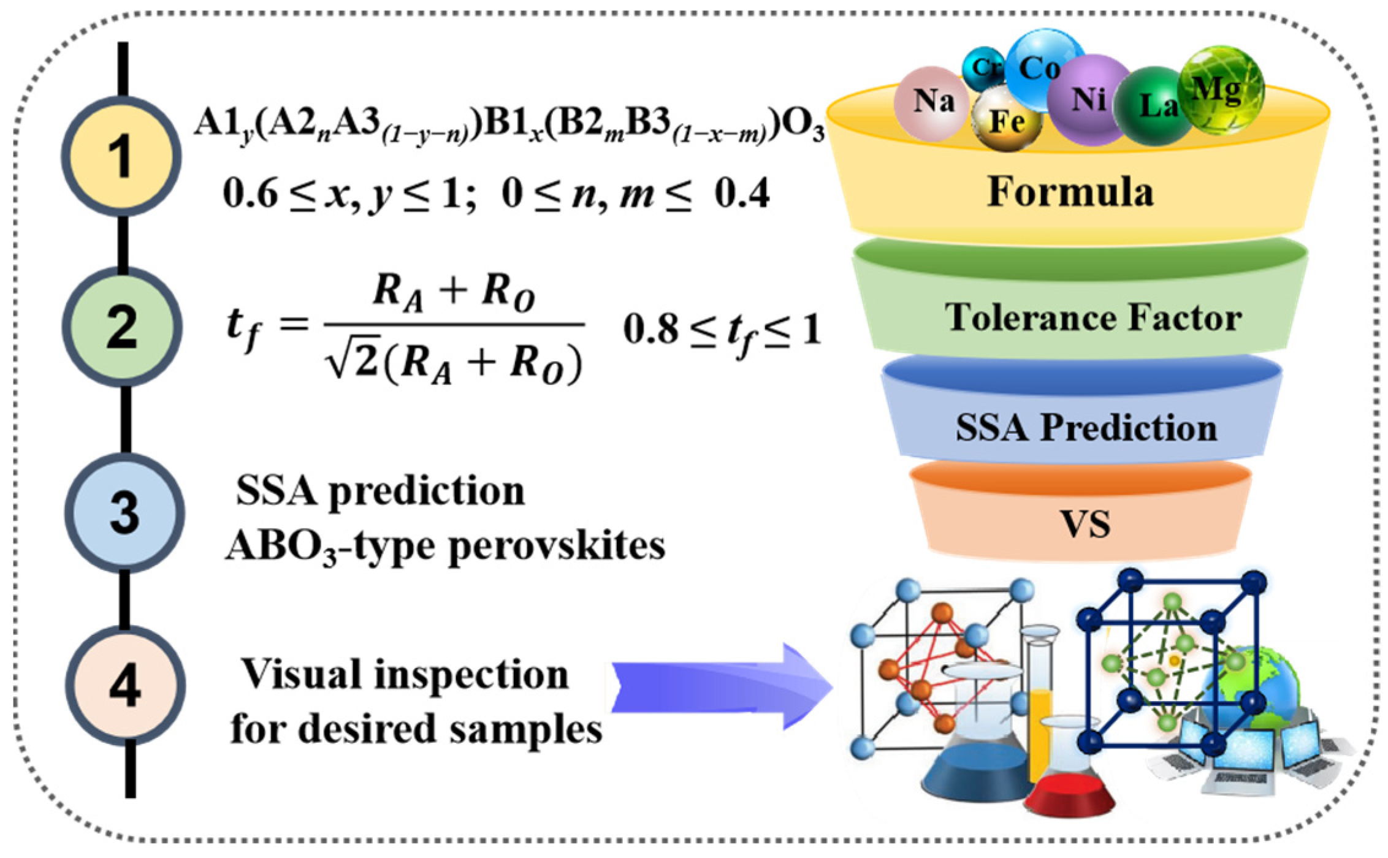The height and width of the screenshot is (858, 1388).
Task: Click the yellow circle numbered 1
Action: [121, 156]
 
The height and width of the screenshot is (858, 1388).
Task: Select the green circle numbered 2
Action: [123, 327]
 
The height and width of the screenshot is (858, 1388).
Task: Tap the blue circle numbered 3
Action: [124, 512]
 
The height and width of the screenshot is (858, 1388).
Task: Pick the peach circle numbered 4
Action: [125, 685]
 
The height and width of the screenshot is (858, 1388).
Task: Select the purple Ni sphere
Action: [1088, 98]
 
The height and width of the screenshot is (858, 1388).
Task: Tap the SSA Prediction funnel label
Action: [1086, 427]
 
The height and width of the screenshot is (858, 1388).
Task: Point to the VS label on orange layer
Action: [1085, 525]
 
